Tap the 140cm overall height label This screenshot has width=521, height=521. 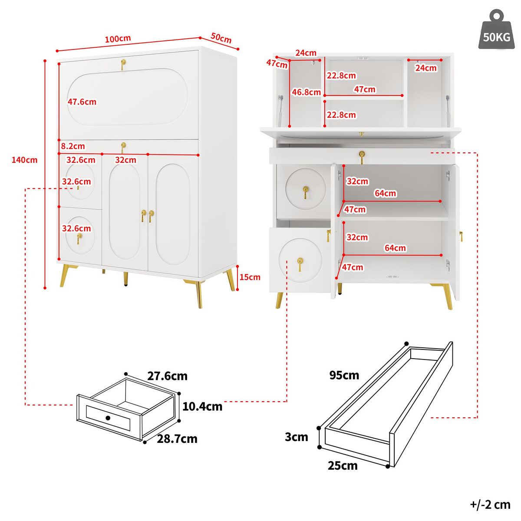(24, 160)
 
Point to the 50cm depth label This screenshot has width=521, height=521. (221, 38)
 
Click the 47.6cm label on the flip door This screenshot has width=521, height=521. (82, 102)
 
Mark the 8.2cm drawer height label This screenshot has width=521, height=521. (73, 146)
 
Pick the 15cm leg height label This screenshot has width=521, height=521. (250, 277)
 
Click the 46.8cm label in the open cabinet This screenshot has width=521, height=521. (306, 92)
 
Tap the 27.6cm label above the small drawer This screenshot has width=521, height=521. (167, 376)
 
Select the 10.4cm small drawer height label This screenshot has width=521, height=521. (202, 406)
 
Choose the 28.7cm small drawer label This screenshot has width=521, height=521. (177, 439)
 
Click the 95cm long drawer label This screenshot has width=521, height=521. (344, 375)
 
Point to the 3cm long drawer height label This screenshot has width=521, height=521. (297, 437)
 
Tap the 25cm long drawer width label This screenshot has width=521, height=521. (343, 465)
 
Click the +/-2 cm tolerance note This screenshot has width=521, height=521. (490, 505)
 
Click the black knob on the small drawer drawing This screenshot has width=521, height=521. (108, 418)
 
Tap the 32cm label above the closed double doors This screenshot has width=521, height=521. (125, 160)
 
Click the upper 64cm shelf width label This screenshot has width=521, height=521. (385, 193)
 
